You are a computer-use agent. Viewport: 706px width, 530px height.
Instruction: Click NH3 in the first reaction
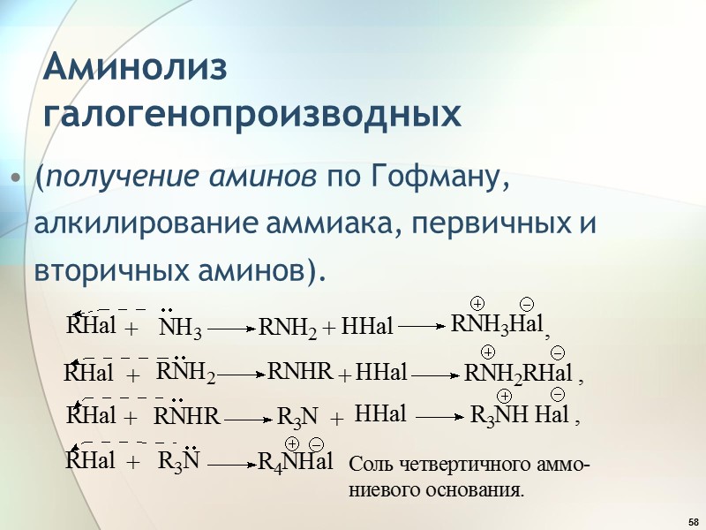(x=180, y=330)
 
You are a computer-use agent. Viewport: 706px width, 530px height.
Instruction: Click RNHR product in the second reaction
(x=299, y=373)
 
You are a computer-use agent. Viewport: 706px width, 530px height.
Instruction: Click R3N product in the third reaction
(x=298, y=415)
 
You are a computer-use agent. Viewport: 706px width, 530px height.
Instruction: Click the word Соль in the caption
(x=370, y=464)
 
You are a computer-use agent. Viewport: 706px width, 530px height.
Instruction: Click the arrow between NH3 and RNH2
(x=231, y=329)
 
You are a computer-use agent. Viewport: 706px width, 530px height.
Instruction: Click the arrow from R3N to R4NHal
(x=231, y=462)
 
